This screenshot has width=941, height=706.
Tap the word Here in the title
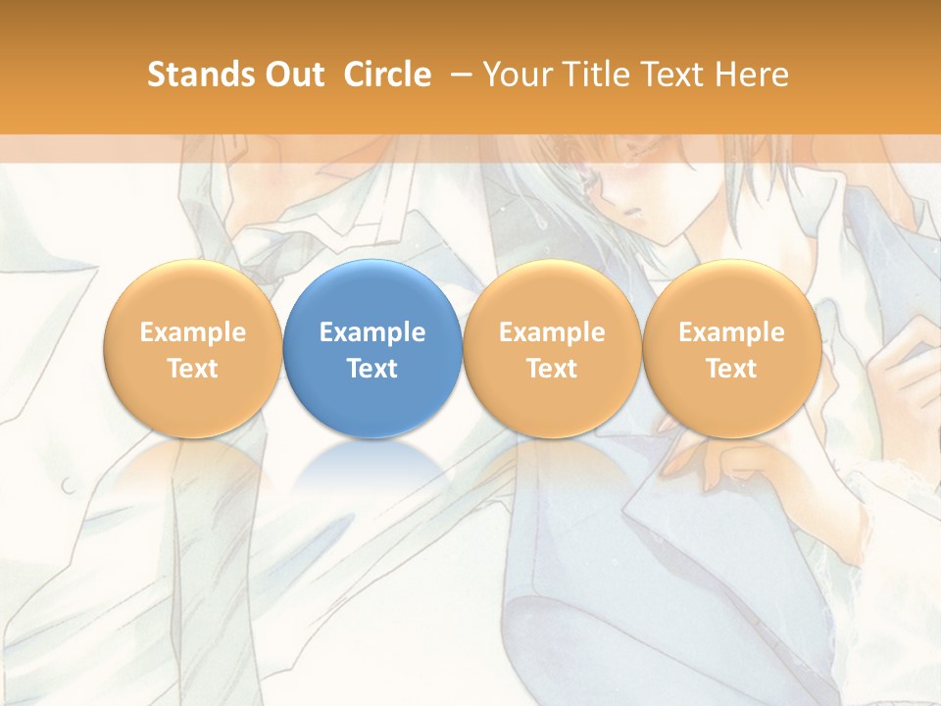(x=751, y=75)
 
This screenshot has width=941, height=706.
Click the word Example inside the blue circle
(x=372, y=332)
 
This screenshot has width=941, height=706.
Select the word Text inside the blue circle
(x=372, y=369)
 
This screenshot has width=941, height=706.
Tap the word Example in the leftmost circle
(x=193, y=332)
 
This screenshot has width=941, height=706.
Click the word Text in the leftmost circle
(x=193, y=369)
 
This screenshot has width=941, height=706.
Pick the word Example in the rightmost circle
(x=731, y=332)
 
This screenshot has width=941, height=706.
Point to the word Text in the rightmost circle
(x=731, y=369)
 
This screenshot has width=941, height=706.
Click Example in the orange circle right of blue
(x=552, y=332)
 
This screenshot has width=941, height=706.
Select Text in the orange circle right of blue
(x=552, y=369)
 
